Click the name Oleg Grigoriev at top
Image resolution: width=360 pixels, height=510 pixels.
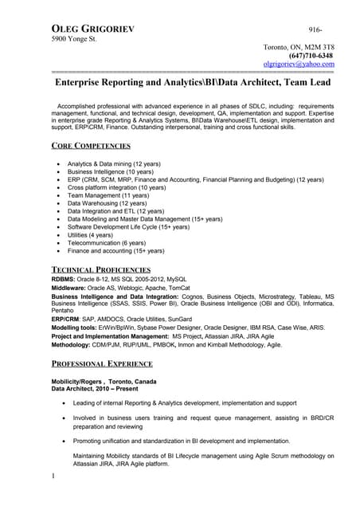pos(92,28)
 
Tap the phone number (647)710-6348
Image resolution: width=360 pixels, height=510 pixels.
pos(310,56)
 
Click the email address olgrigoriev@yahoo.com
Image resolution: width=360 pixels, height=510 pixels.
pos(299,65)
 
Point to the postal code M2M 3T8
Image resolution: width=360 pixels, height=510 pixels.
pos(320,47)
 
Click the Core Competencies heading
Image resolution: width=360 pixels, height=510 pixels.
pos(91,146)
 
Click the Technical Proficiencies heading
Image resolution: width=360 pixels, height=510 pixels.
pos(100,269)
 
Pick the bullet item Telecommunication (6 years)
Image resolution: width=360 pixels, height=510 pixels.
pos(106,243)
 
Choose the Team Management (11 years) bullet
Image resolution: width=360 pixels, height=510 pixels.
pos(108,194)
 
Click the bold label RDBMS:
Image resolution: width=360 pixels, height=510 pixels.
pos(65,280)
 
